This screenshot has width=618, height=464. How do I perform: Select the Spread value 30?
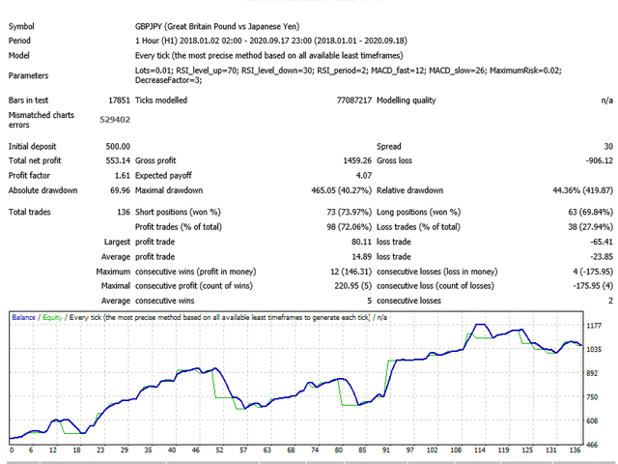click(605, 146)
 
